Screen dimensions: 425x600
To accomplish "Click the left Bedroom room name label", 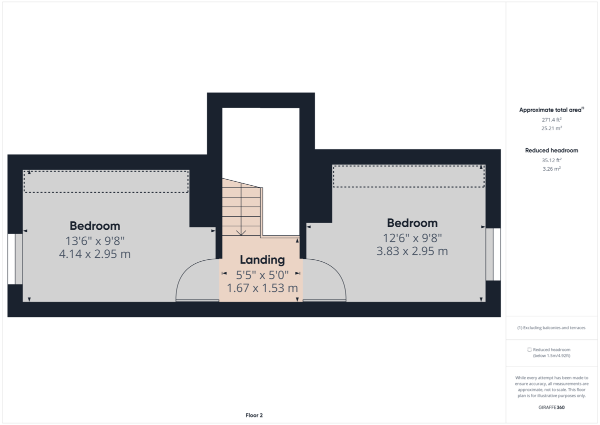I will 94,226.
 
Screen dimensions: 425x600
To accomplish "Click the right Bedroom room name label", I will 412,223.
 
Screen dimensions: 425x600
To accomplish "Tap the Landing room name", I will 262,260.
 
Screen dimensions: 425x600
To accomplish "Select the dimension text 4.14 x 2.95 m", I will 94,254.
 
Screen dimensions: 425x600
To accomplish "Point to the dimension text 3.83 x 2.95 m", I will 412,251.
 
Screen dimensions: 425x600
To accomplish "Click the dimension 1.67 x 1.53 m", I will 262,288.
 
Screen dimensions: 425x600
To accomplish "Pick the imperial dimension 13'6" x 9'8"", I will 94,240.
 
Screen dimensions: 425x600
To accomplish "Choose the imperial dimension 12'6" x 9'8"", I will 412,237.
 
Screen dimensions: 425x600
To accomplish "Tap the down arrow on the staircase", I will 241,231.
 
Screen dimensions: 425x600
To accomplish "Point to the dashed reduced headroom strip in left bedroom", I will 106,181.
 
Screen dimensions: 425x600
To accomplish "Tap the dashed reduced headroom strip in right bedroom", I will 408,176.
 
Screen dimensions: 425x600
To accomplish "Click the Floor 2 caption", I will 254,415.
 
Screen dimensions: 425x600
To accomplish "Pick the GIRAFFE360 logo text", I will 551,407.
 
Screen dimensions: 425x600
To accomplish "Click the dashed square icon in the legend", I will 529,350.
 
